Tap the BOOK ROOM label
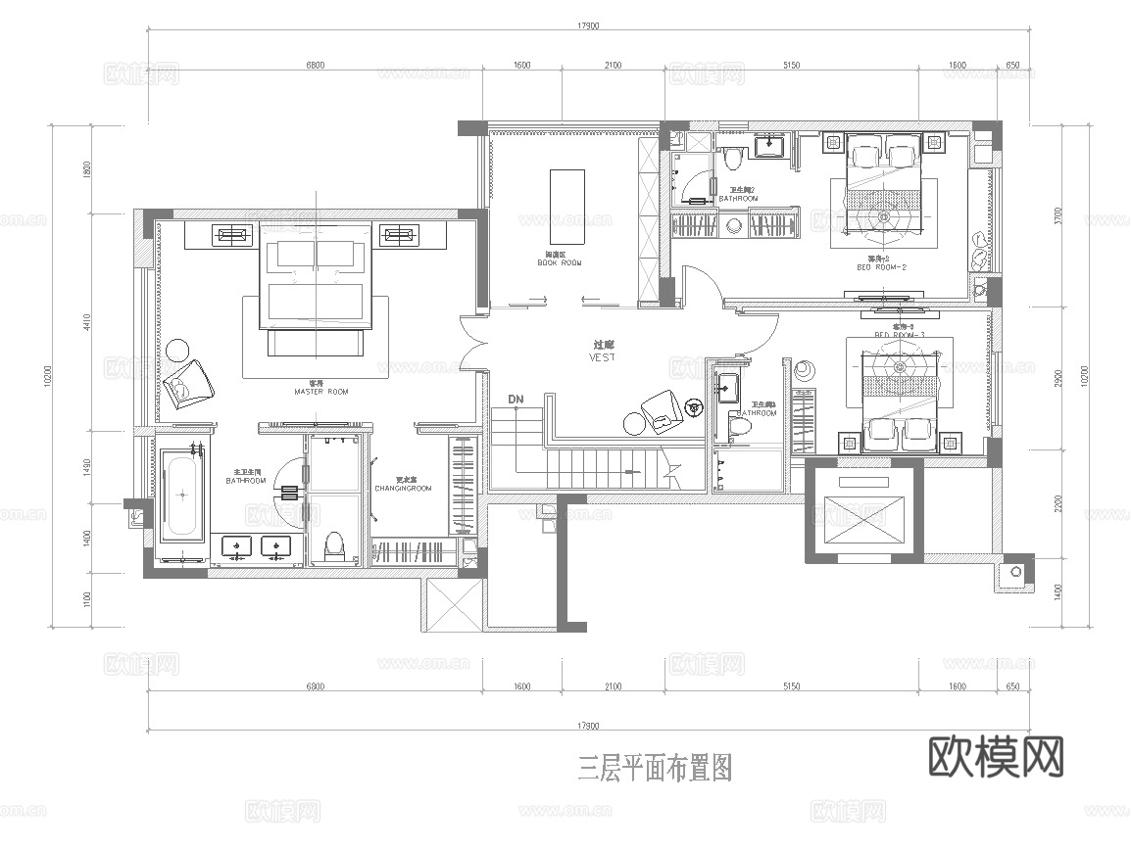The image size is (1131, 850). click(x=560, y=263)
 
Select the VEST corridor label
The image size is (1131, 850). click(x=603, y=357)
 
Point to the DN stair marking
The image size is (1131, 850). click(x=516, y=400)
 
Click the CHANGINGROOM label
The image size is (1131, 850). click(x=403, y=488)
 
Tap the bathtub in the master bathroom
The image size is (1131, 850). click(x=182, y=495)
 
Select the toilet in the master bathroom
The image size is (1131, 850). click(x=334, y=544)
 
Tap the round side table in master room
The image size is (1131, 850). click(x=177, y=350)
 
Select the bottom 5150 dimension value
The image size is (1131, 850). click(x=791, y=687)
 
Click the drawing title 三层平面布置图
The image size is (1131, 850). click(x=655, y=767)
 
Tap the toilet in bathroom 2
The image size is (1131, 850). click(x=733, y=157)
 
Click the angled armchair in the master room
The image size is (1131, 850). click(x=191, y=383)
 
